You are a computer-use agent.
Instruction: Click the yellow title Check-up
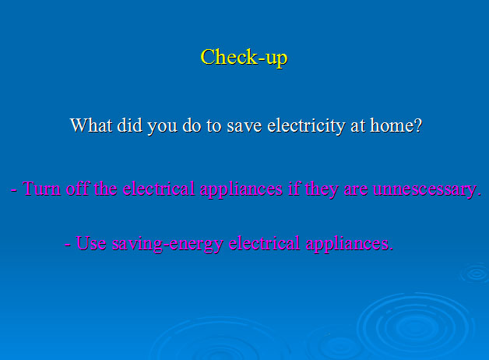[244, 58]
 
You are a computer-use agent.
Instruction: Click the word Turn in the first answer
[42, 189]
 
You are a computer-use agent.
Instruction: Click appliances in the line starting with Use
[348, 244]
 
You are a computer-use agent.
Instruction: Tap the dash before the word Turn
[14, 189]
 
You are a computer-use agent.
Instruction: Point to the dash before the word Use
[68, 244]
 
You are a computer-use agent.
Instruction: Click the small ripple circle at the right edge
[475, 272]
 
